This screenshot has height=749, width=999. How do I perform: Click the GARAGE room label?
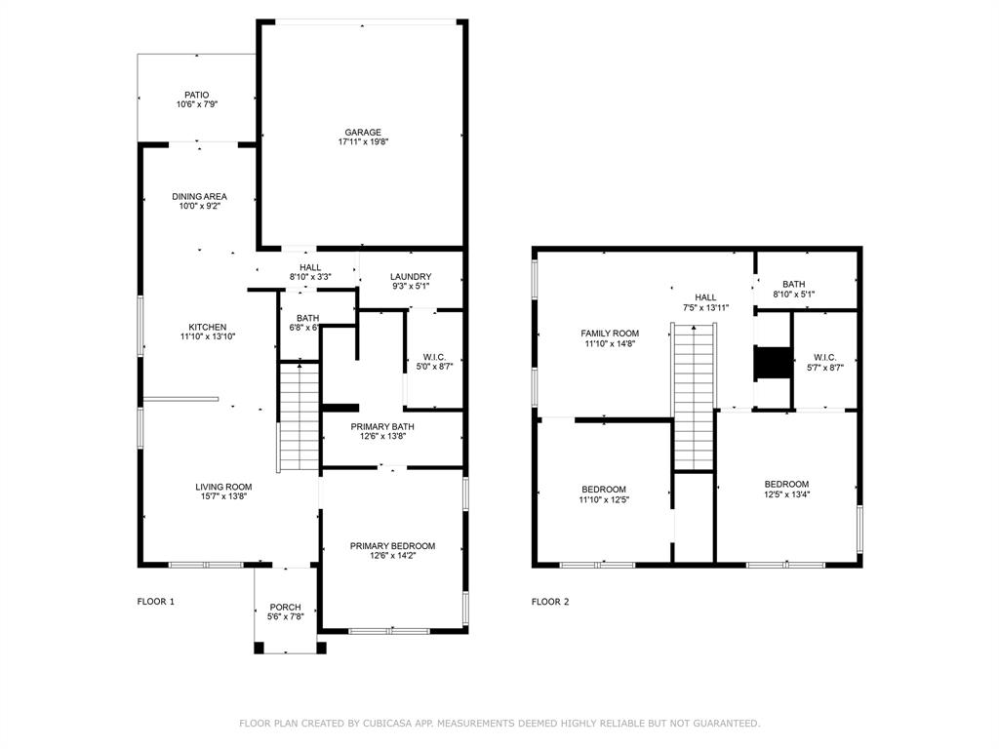click(362, 133)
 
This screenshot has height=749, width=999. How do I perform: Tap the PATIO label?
click(196, 96)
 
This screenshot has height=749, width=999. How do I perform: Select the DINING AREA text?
click(199, 197)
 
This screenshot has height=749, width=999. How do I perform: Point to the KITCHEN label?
click(208, 328)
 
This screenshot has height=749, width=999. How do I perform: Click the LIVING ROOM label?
click(223, 488)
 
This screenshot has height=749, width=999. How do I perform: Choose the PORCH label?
click(285, 608)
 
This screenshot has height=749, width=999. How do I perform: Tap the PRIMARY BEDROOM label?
click(392, 546)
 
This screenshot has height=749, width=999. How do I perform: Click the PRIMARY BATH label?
click(392, 426)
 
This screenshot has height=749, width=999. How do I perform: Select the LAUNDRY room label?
click(410, 277)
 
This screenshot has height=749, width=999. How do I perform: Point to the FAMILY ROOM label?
click(611, 334)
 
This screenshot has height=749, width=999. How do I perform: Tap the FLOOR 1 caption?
click(155, 602)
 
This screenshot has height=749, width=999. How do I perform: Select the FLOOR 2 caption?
click(550, 602)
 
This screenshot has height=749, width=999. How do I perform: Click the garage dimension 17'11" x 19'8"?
click(362, 142)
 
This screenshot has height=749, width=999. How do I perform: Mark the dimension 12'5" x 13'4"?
click(786, 494)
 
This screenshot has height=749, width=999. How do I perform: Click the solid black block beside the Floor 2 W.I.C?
click(773, 362)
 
